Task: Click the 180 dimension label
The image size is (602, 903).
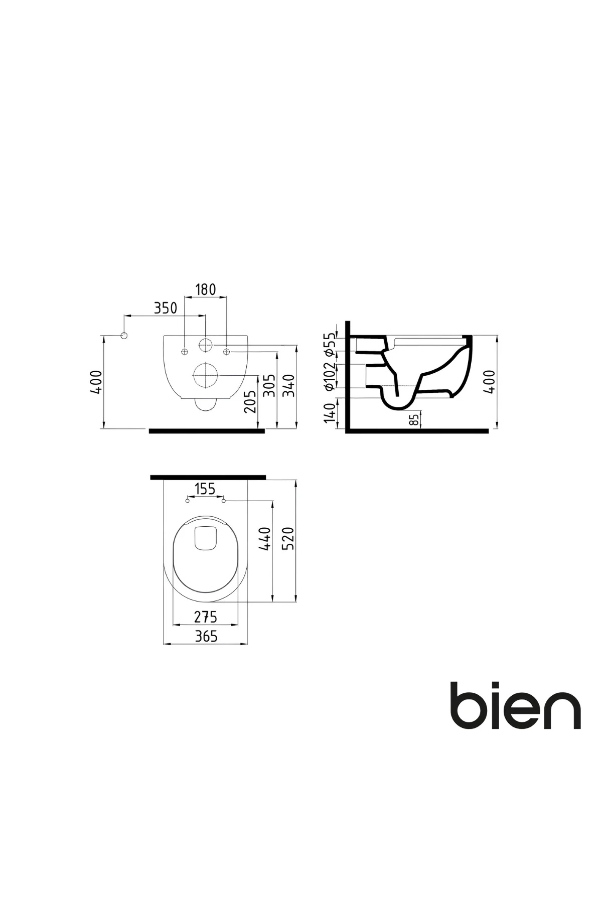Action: click(206, 289)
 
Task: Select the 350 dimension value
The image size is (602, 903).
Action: click(165, 308)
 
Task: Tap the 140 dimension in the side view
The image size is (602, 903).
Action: click(329, 413)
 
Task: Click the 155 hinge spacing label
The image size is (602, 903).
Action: click(205, 489)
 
